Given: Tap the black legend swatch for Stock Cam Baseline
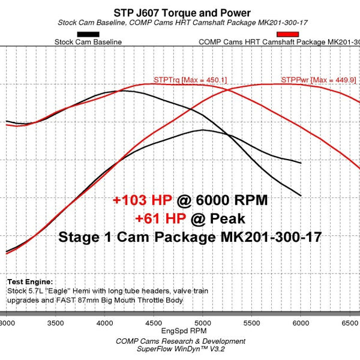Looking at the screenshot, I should tap(88, 34).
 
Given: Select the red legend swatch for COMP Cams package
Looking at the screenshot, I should tap(287, 34).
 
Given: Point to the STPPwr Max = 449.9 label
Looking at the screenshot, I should tap(318, 80).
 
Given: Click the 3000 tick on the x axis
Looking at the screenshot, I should tap(8, 322).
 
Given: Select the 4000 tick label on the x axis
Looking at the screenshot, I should tap(105, 322).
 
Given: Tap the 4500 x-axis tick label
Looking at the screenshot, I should tap(154, 322).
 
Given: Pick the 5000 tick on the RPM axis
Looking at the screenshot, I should tap(202, 322).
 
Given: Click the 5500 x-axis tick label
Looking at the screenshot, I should tap(251, 322).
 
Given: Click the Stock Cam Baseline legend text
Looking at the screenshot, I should tap(88, 43).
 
